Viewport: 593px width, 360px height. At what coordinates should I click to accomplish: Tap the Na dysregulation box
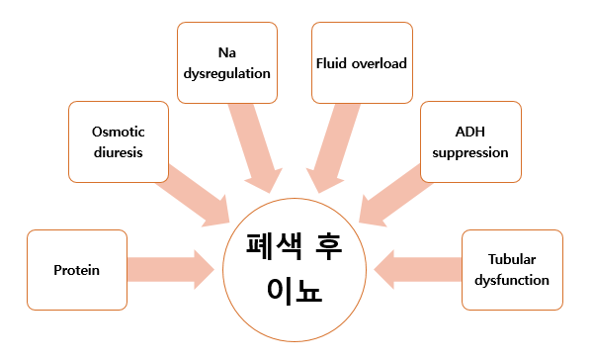coord(226,62)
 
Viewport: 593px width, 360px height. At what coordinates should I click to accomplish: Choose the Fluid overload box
coord(361,62)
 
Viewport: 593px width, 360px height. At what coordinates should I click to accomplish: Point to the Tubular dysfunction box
coord(512,268)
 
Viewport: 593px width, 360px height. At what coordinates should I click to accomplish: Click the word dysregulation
coord(226,72)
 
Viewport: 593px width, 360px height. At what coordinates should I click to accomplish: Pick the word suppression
coord(470,153)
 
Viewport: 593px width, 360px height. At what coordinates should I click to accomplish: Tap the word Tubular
coord(512,259)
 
